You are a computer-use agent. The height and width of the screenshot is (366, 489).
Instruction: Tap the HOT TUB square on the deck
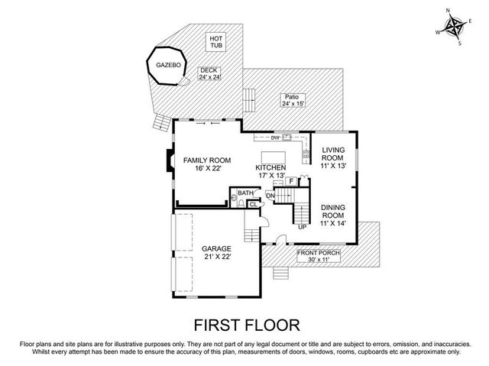215,43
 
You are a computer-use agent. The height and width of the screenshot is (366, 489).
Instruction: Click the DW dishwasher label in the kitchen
276,138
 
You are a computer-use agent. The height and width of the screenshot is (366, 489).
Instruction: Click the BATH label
244,193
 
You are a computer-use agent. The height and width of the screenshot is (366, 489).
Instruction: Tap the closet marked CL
253,204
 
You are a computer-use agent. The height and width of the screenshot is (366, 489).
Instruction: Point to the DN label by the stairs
270,196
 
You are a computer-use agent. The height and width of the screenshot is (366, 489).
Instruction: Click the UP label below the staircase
302,226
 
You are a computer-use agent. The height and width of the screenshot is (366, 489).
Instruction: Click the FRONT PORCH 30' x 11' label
319,255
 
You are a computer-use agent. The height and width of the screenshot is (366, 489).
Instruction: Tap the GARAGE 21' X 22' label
216,252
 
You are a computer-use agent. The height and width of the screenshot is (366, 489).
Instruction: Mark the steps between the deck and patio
248,97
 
